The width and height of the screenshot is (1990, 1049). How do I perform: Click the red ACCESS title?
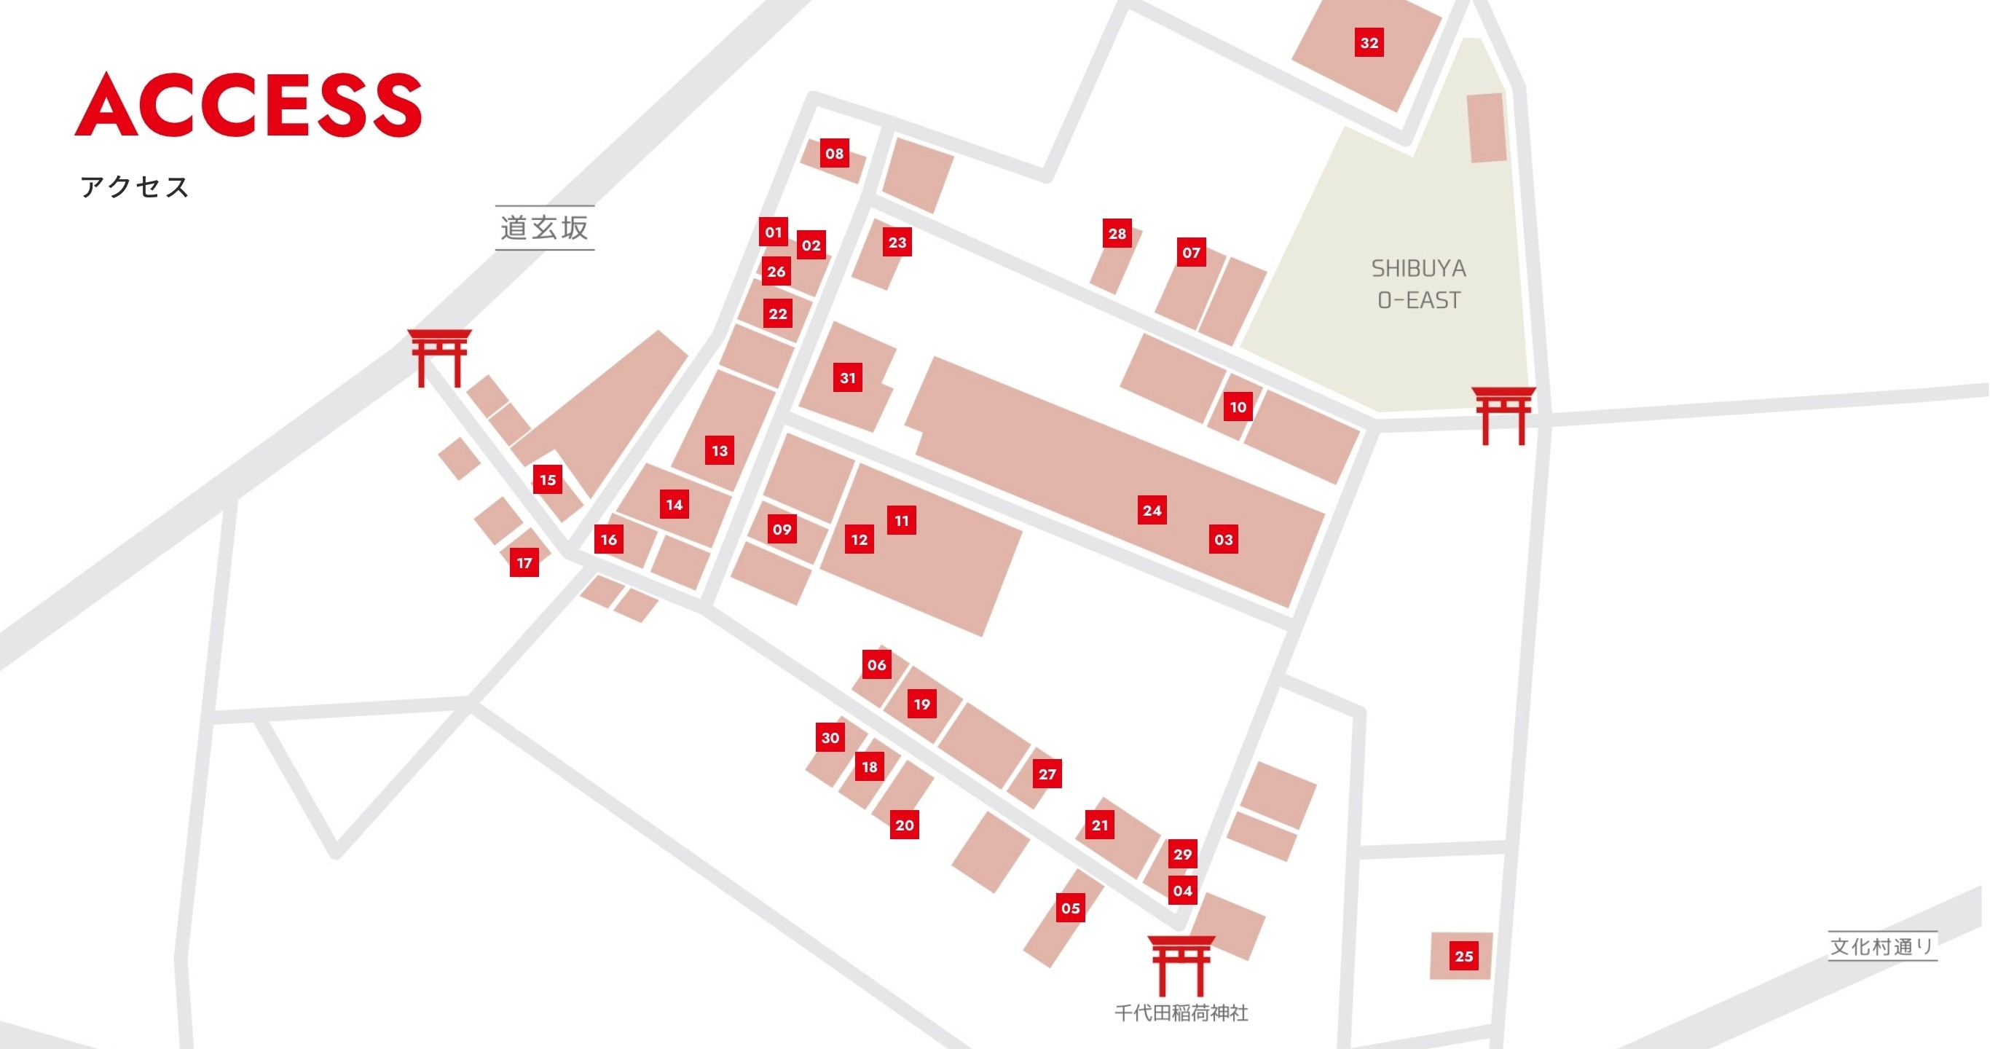(248, 105)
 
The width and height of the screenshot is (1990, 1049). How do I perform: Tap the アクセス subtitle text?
(135, 187)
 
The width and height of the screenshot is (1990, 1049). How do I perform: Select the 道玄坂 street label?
(545, 228)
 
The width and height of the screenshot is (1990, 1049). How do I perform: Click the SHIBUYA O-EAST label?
(1418, 284)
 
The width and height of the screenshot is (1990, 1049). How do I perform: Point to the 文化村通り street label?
(1882, 946)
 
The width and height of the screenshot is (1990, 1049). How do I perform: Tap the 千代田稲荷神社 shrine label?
(1181, 1013)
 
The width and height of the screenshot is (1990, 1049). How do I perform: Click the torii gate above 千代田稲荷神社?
(1181, 964)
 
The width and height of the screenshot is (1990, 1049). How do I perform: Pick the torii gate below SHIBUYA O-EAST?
(1503, 415)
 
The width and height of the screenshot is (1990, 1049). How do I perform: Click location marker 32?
(1369, 42)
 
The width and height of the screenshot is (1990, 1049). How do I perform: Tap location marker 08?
(834, 153)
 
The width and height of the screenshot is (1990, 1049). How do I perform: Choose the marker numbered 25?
(1464, 956)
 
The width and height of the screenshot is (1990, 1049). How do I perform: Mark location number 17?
(524, 562)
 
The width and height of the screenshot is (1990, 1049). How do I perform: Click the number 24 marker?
(1152, 510)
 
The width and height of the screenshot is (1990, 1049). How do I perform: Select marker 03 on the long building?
(1224, 539)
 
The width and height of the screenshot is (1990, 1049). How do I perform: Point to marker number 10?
(1238, 406)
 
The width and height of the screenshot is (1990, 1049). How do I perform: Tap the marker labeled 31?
(847, 378)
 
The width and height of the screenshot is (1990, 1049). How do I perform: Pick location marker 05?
(1071, 908)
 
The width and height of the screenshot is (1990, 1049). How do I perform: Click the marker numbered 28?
(1117, 233)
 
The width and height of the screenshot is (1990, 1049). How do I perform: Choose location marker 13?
(719, 450)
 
